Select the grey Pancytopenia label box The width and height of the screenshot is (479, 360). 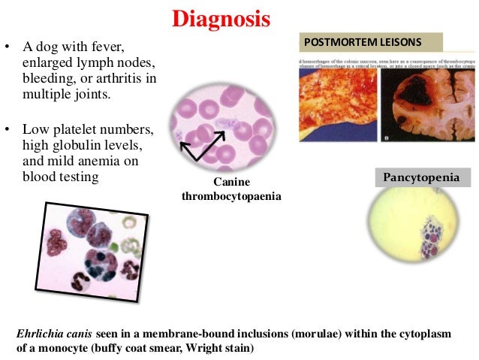tap(423, 177)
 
